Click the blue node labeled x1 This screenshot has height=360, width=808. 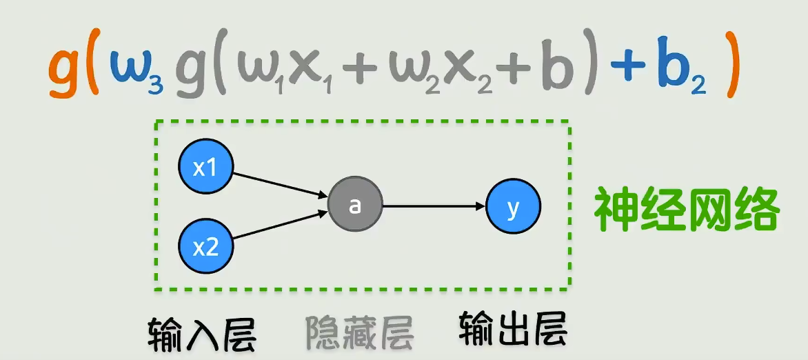coord(206,168)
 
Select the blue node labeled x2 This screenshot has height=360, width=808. coord(206,246)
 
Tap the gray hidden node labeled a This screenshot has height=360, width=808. coord(355,205)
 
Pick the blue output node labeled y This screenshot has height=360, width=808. coord(514,206)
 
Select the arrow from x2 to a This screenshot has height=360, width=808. coord(280,226)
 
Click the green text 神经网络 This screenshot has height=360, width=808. coord(687,210)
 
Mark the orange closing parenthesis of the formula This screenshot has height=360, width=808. coord(731,72)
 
